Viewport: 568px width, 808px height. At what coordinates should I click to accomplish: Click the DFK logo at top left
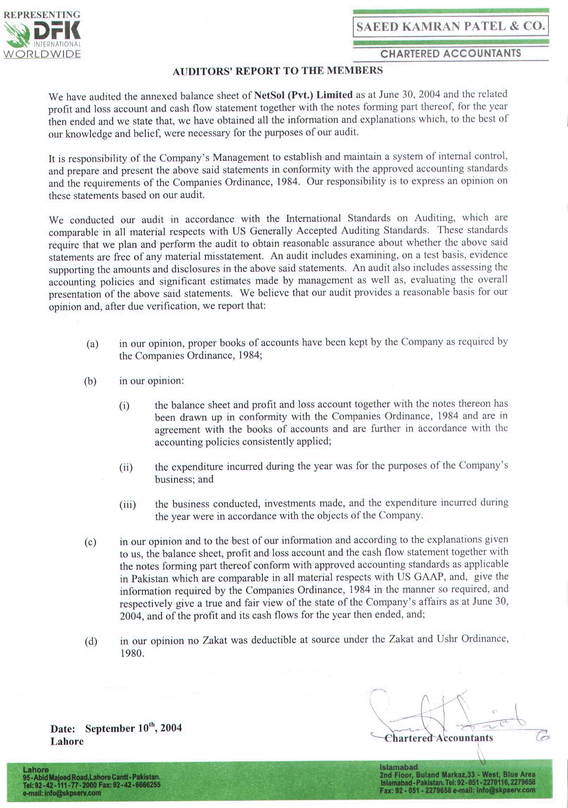(42, 34)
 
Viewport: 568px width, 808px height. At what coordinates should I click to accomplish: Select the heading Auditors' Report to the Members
(277, 71)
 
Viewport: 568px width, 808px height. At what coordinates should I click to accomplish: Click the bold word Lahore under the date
(67, 742)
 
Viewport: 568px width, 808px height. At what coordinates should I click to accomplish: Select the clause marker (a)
(92, 344)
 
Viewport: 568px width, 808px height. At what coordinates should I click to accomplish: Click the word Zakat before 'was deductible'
(214, 640)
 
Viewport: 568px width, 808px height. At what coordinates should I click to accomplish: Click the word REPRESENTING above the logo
(42, 15)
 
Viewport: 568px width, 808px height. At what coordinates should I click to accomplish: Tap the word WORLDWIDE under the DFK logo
(42, 54)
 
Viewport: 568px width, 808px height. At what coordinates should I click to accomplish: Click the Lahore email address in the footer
(62, 793)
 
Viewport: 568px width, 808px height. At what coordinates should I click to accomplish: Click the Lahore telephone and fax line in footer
(91, 786)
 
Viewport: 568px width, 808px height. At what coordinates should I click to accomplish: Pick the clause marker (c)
(91, 542)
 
